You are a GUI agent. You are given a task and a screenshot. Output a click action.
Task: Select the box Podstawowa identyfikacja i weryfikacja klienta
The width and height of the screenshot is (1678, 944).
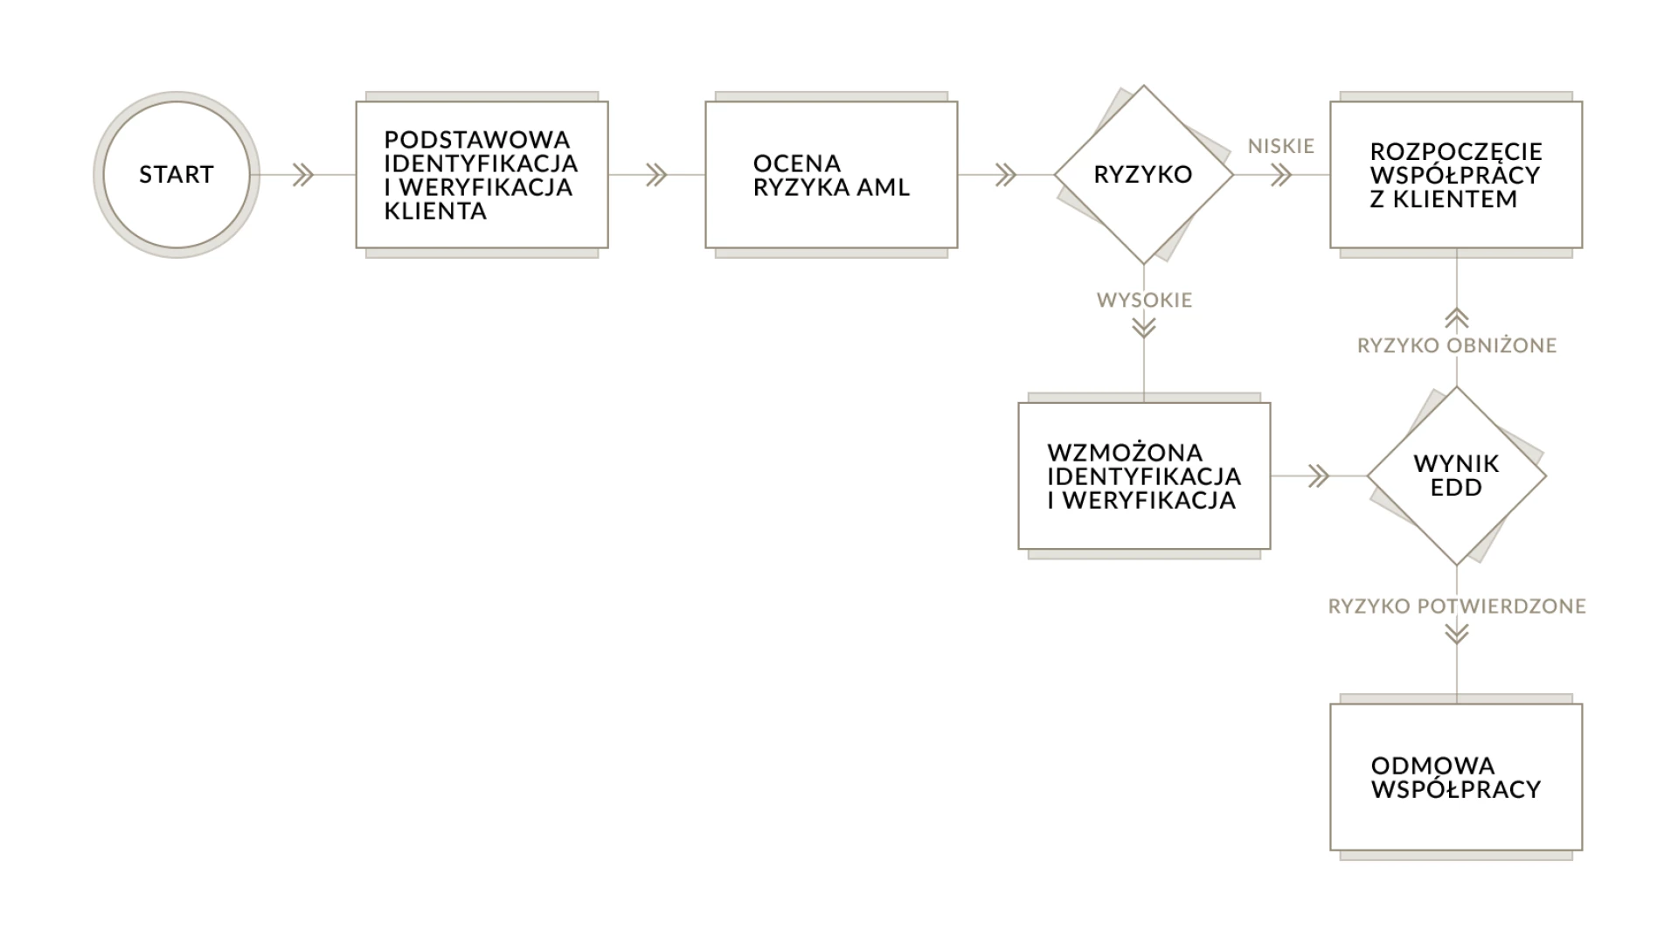coord(482,175)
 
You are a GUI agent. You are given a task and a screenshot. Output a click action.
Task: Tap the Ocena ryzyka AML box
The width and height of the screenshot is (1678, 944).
coord(831,175)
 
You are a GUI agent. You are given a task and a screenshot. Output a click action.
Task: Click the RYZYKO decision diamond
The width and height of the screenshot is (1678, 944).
coord(1143,175)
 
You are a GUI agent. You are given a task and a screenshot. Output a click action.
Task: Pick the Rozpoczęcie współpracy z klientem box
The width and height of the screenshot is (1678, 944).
coord(1456,175)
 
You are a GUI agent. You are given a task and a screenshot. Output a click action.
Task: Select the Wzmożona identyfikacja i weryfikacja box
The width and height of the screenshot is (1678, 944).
coord(1144,476)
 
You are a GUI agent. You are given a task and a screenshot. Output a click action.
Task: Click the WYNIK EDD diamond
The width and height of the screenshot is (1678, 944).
coord(1457,476)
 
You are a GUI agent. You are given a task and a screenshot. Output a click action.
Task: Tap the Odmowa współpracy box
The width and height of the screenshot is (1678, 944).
coord(1456,777)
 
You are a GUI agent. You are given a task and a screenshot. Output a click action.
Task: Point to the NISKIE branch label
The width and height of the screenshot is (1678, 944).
coord(1281,146)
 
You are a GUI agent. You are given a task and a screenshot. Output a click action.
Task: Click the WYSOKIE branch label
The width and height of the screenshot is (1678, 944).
coord(1145,300)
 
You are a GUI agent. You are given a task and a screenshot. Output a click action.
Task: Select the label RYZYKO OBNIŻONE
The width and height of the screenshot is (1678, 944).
coord(1457,345)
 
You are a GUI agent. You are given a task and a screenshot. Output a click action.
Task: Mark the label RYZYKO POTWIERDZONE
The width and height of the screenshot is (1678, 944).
coord(1457,606)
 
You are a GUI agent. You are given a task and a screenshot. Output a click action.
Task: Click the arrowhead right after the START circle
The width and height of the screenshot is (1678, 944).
coord(303,175)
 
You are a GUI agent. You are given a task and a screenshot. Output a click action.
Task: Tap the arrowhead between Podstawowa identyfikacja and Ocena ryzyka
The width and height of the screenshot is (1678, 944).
coord(656,175)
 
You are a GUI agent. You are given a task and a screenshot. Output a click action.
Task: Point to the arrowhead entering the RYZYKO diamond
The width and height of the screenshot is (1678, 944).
coord(1006,175)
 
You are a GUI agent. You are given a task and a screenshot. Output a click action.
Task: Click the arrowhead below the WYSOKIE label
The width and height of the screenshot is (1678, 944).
coord(1144,328)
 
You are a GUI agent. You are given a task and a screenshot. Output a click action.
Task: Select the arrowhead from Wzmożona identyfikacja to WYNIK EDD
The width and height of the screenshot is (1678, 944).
coord(1319,476)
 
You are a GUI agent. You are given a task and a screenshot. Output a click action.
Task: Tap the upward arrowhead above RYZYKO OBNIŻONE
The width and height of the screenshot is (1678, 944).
coord(1457,318)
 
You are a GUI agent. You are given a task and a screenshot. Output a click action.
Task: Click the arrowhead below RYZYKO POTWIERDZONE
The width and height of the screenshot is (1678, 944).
coord(1457,633)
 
